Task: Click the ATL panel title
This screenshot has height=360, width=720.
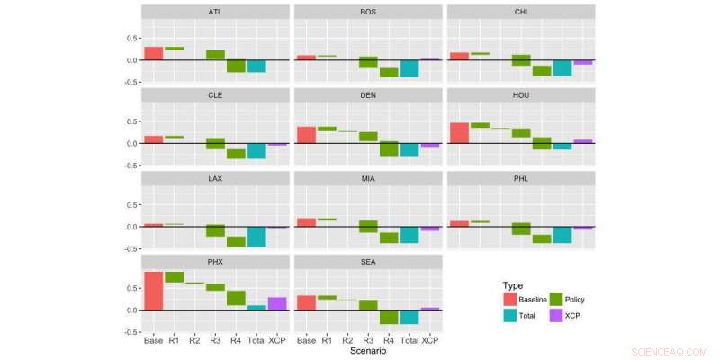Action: pos(216,13)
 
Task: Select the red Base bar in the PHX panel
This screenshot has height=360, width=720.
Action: pos(154,291)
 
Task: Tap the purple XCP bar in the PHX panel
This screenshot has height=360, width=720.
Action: pos(277,303)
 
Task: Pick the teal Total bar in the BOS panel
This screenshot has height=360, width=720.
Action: pos(409,68)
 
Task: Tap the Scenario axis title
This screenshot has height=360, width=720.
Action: pos(369,352)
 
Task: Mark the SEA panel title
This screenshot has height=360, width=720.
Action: pos(369,262)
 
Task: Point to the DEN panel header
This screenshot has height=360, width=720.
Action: pos(369,95)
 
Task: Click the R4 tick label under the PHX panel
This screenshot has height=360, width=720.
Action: pos(236,341)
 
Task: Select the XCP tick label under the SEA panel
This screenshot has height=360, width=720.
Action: pos(430,341)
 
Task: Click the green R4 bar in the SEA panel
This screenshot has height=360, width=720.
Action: pos(389,317)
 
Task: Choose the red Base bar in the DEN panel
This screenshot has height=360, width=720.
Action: pos(306,135)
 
